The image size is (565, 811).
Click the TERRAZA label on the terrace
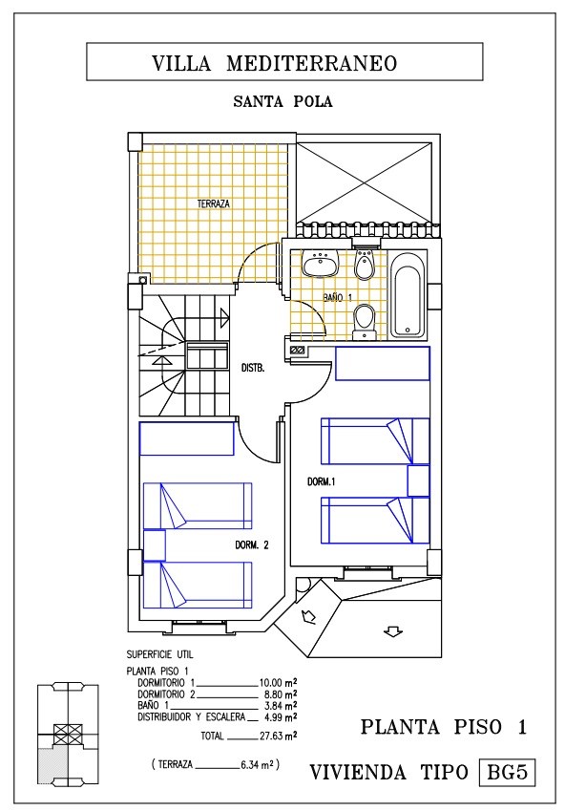pyautogui.click(x=213, y=203)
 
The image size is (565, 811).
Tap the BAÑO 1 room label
pyautogui.click(x=337, y=298)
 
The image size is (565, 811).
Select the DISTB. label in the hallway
pyautogui.click(x=253, y=369)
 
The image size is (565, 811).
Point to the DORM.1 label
pyautogui.click(x=321, y=481)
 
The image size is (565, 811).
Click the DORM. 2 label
pyautogui.click(x=252, y=544)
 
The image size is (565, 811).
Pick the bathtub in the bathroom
pyautogui.click(x=408, y=295)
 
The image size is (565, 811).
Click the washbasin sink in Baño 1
pyautogui.click(x=320, y=263)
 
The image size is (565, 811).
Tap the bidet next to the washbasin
pyautogui.click(x=365, y=265)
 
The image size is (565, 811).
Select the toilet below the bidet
pyautogui.click(x=365, y=322)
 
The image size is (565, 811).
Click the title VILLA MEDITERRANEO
pyautogui.click(x=275, y=63)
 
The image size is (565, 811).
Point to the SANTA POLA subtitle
pyautogui.click(x=282, y=101)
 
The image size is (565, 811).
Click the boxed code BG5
pyautogui.click(x=507, y=773)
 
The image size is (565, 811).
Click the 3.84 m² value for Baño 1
pyautogui.click(x=280, y=706)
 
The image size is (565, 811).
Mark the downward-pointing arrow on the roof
pyautogui.click(x=393, y=631)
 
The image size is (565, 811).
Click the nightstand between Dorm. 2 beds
pyautogui.click(x=154, y=545)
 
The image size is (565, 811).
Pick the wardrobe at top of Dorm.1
pyautogui.click(x=383, y=363)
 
